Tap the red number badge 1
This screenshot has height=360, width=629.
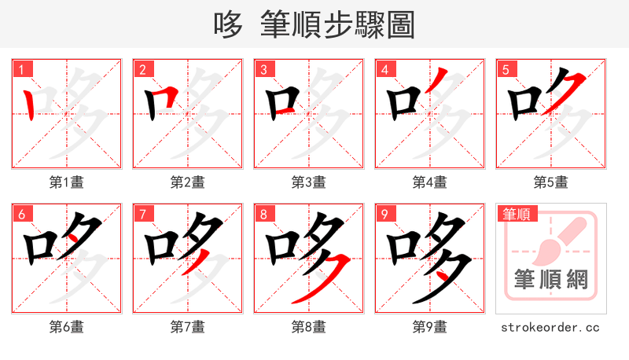click(21, 69)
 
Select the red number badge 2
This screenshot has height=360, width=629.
click(142, 69)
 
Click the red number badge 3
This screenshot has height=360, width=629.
click(263, 69)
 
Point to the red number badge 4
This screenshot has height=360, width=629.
click(384, 69)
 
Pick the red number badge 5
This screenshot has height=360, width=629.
click(506, 69)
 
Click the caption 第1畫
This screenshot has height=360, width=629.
click(67, 182)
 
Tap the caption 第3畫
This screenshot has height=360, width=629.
click(309, 182)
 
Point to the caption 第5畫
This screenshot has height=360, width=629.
click(551, 182)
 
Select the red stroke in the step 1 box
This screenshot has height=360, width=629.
click(29, 105)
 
